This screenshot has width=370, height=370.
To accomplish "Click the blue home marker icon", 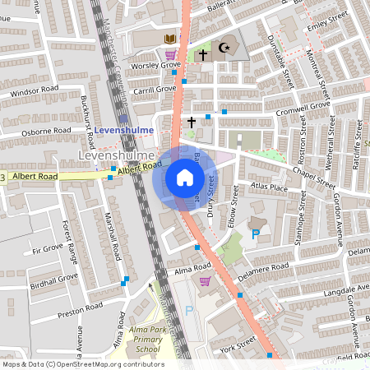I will tap(185, 178).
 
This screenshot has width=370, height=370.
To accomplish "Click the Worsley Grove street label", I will tap(159, 64).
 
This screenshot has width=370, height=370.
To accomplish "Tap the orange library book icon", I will tap(170, 39).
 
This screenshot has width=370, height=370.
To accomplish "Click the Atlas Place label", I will tap(271, 187).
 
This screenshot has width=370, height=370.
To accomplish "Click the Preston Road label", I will tap(80, 308).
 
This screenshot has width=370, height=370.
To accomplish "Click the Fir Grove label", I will tap(47, 247).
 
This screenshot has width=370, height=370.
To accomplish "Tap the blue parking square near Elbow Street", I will tap(255, 234).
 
